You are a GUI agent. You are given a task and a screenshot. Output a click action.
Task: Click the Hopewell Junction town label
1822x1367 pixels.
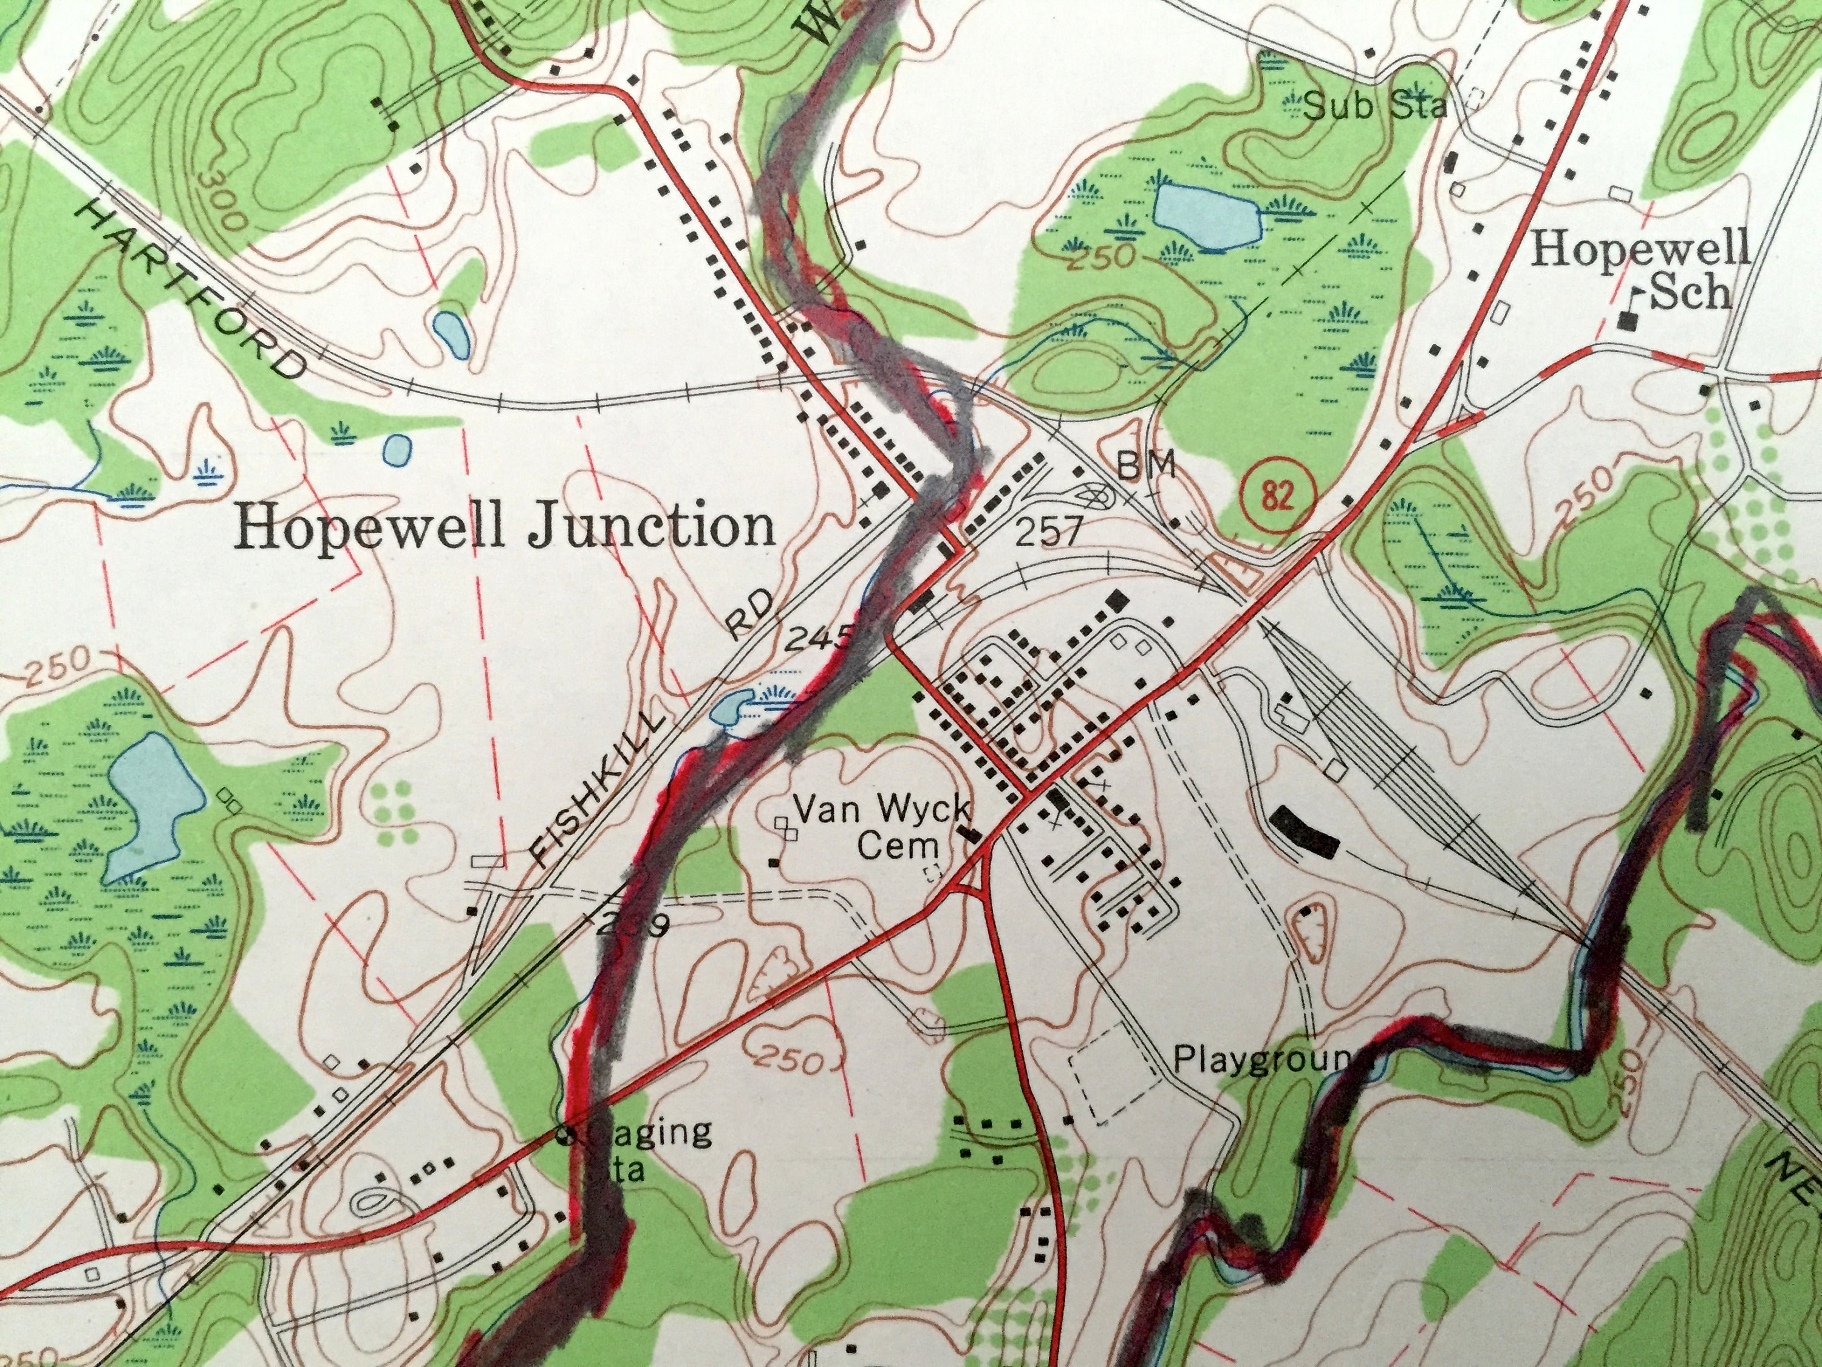[505, 527]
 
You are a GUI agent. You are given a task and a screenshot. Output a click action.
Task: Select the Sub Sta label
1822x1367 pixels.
[1365, 106]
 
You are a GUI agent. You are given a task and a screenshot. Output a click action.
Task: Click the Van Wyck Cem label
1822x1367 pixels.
[884, 827]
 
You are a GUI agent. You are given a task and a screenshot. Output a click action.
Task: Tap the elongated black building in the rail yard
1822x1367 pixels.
[1305, 832]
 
